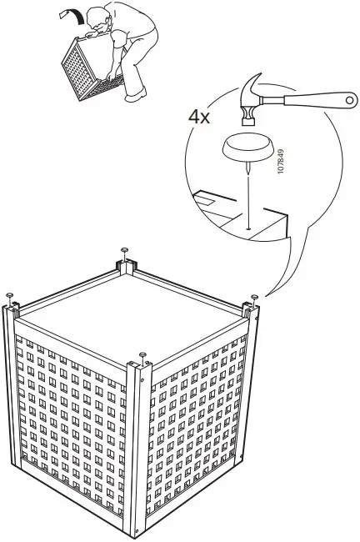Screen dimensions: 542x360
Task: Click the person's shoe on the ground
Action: click(133, 98)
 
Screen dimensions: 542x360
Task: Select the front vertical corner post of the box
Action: click(139, 450)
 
